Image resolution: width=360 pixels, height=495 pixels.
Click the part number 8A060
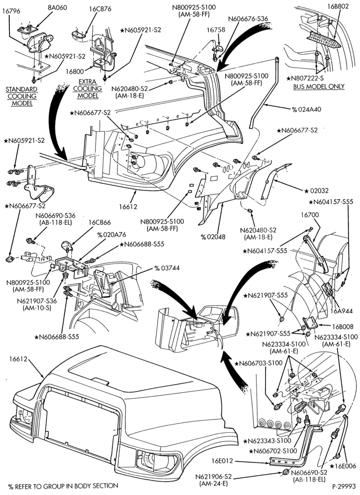pos(58,7)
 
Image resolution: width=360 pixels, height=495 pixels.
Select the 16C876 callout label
pos(100,9)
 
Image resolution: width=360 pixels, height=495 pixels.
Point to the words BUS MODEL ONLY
pos(319,86)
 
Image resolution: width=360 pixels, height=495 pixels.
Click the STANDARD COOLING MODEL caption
pos(22,96)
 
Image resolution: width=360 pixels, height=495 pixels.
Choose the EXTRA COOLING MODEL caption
pos(88,88)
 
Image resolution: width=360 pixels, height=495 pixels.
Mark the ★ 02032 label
pos(316,191)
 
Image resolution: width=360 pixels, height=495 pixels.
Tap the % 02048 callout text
pos(213,237)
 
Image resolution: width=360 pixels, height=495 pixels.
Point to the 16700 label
pos(309,215)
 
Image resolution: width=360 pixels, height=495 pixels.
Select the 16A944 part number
pos(342,312)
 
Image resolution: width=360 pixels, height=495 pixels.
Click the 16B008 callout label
pos(342,327)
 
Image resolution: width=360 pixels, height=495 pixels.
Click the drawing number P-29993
pos(344,487)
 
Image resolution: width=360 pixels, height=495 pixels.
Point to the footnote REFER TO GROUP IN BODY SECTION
pos(66,486)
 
